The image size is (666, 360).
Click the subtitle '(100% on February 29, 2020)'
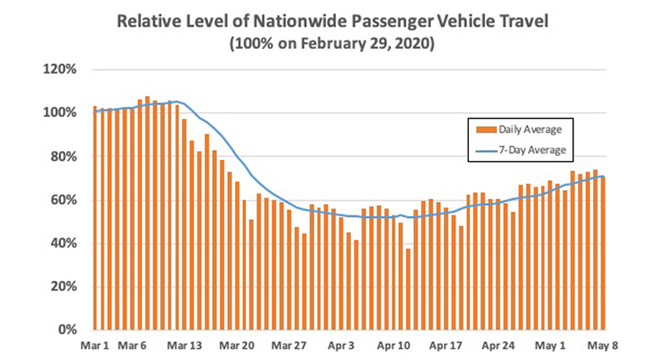pyautogui.click(x=333, y=43)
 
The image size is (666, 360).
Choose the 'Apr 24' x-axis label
pyautogui.click(x=497, y=345)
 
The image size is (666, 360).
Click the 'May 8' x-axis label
pyautogui.click(x=600, y=345)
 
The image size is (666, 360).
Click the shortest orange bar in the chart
pyautogui.click(x=408, y=289)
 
